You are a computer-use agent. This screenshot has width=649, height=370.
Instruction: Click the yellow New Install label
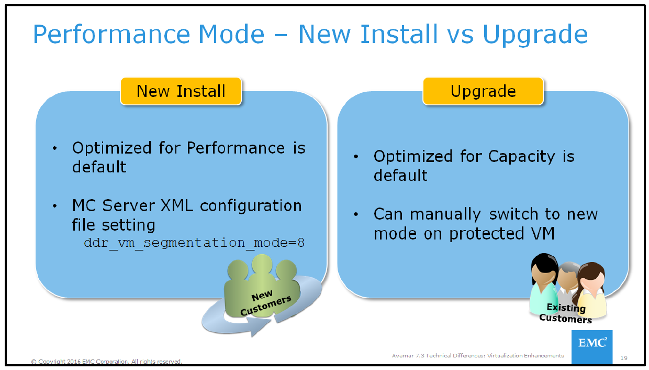click(181, 91)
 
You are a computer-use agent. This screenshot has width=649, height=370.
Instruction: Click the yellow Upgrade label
click(483, 91)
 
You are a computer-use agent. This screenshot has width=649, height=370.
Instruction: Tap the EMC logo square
click(591, 346)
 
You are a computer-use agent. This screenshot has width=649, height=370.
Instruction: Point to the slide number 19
click(623, 358)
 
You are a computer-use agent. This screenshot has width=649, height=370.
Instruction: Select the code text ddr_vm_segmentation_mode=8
click(194, 243)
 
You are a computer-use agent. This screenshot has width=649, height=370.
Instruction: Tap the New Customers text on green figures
click(265, 303)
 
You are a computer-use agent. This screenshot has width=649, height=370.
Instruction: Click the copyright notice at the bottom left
click(107, 362)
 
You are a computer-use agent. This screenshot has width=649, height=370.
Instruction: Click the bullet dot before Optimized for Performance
click(55, 149)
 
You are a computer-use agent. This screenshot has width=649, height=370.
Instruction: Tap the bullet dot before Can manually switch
click(356, 215)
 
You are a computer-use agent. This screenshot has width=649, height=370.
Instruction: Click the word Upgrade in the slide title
click(535, 35)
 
